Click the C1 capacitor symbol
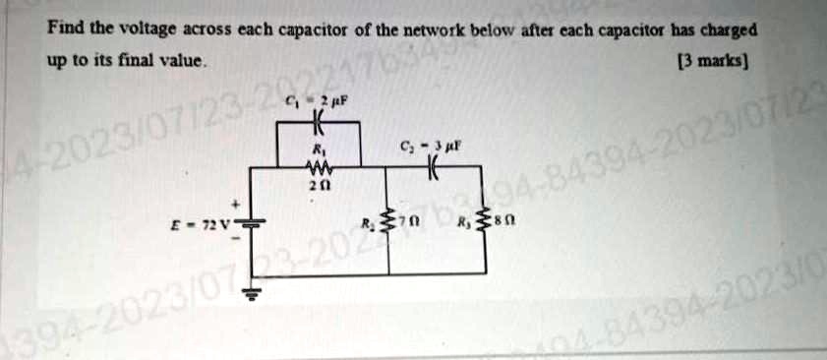317,125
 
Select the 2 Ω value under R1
317,184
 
